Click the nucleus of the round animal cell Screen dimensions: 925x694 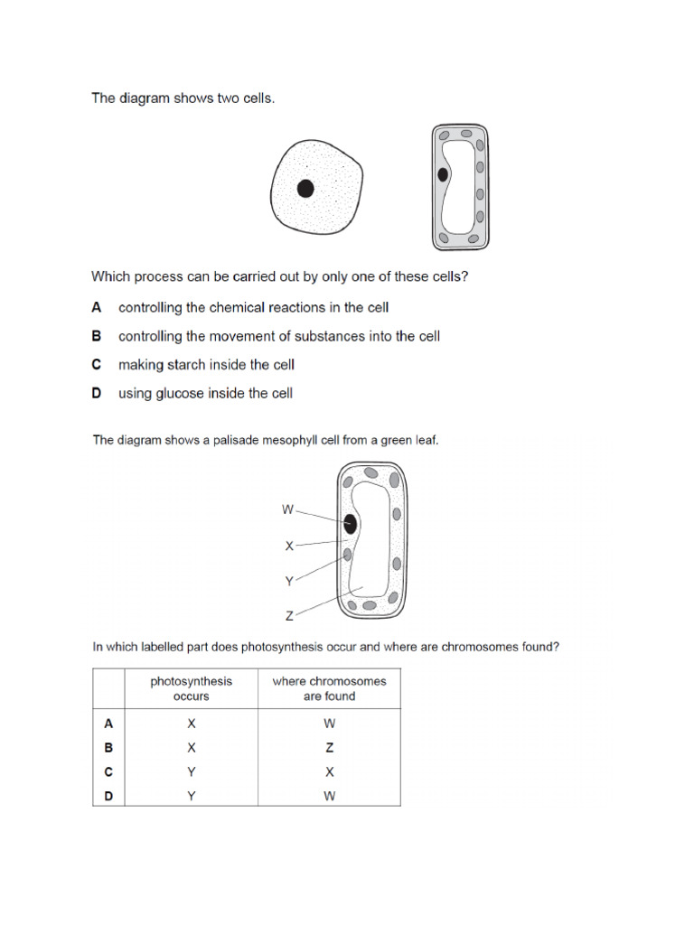(305, 188)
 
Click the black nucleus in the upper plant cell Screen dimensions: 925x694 (443, 175)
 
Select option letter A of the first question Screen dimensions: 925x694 (97, 307)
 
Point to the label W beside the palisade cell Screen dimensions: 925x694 (287, 509)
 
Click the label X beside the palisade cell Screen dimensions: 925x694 (289, 546)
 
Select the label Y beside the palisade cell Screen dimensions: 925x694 (289, 582)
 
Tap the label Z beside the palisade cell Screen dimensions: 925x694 (289, 616)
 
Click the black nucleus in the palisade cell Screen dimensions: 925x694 (350, 524)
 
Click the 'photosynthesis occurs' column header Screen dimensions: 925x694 (191, 688)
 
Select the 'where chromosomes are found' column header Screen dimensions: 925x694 (329, 688)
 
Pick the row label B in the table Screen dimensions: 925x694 (108, 748)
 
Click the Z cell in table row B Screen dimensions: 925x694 (329, 748)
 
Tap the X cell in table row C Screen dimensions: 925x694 (329, 772)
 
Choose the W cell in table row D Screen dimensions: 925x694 (329, 796)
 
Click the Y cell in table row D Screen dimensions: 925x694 (191, 796)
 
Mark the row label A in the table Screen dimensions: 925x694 (108, 724)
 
